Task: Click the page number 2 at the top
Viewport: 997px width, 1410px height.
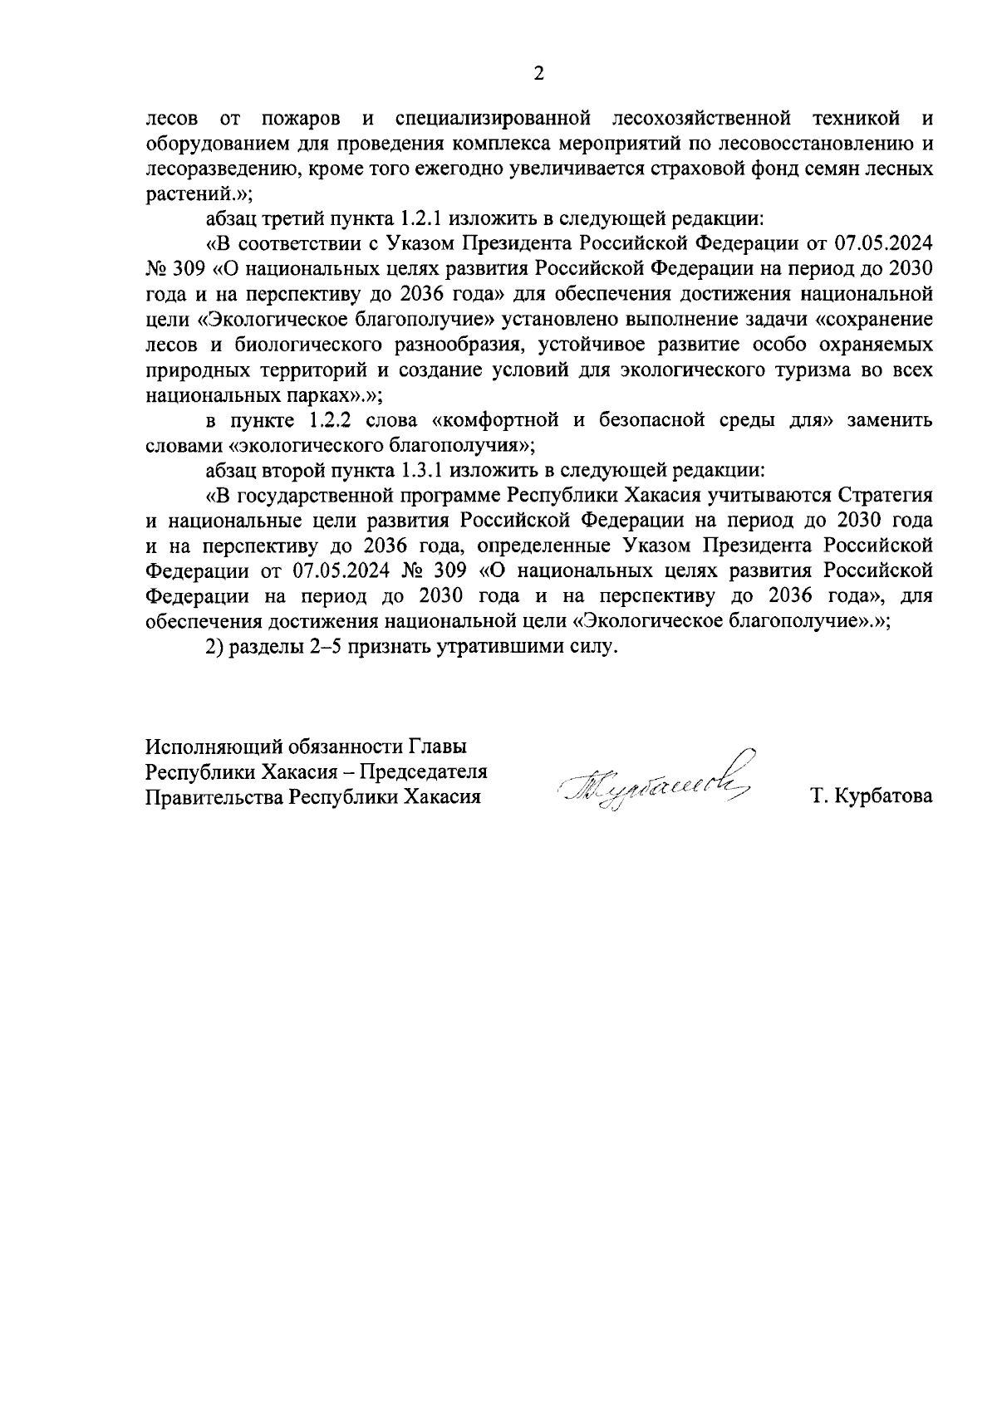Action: (538, 74)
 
